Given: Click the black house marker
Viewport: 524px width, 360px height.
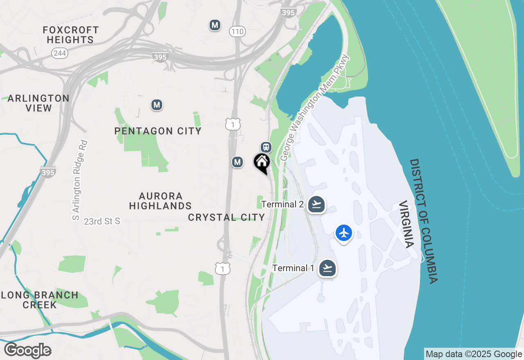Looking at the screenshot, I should click(x=262, y=163).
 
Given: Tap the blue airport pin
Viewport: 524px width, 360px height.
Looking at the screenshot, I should click(x=344, y=233).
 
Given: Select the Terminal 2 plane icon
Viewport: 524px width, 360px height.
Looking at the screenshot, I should click(x=316, y=204).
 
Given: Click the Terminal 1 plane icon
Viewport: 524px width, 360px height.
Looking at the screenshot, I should click(x=327, y=268).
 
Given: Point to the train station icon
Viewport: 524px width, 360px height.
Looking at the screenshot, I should click(x=266, y=147).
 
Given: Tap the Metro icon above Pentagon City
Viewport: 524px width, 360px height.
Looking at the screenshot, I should click(x=156, y=105).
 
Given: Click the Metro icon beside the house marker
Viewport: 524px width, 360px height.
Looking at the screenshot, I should click(x=237, y=162).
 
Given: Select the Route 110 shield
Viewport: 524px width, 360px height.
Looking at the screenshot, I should click(x=237, y=32).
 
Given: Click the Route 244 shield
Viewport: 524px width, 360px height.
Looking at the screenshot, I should click(x=60, y=53).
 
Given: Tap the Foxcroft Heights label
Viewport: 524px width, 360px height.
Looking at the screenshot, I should click(x=71, y=35).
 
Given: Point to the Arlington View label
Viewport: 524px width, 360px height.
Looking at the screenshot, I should click(x=38, y=103).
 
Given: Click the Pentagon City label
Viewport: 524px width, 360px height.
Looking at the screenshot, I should click(x=158, y=131).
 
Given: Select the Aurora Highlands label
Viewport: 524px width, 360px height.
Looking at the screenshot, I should click(x=160, y=201).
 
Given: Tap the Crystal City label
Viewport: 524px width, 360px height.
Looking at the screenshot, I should click(x=226, y=217).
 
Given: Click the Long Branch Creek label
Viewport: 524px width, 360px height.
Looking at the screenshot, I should click(x=40, y=300).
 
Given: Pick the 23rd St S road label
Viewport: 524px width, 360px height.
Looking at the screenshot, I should click(x=102, y=221).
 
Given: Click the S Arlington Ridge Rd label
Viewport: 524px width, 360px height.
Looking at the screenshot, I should click(x=80, y=180).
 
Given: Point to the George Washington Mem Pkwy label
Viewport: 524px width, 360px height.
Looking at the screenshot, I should click(x=314, y=108).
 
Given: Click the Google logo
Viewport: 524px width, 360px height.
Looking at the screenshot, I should click(x=27, y=351).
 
